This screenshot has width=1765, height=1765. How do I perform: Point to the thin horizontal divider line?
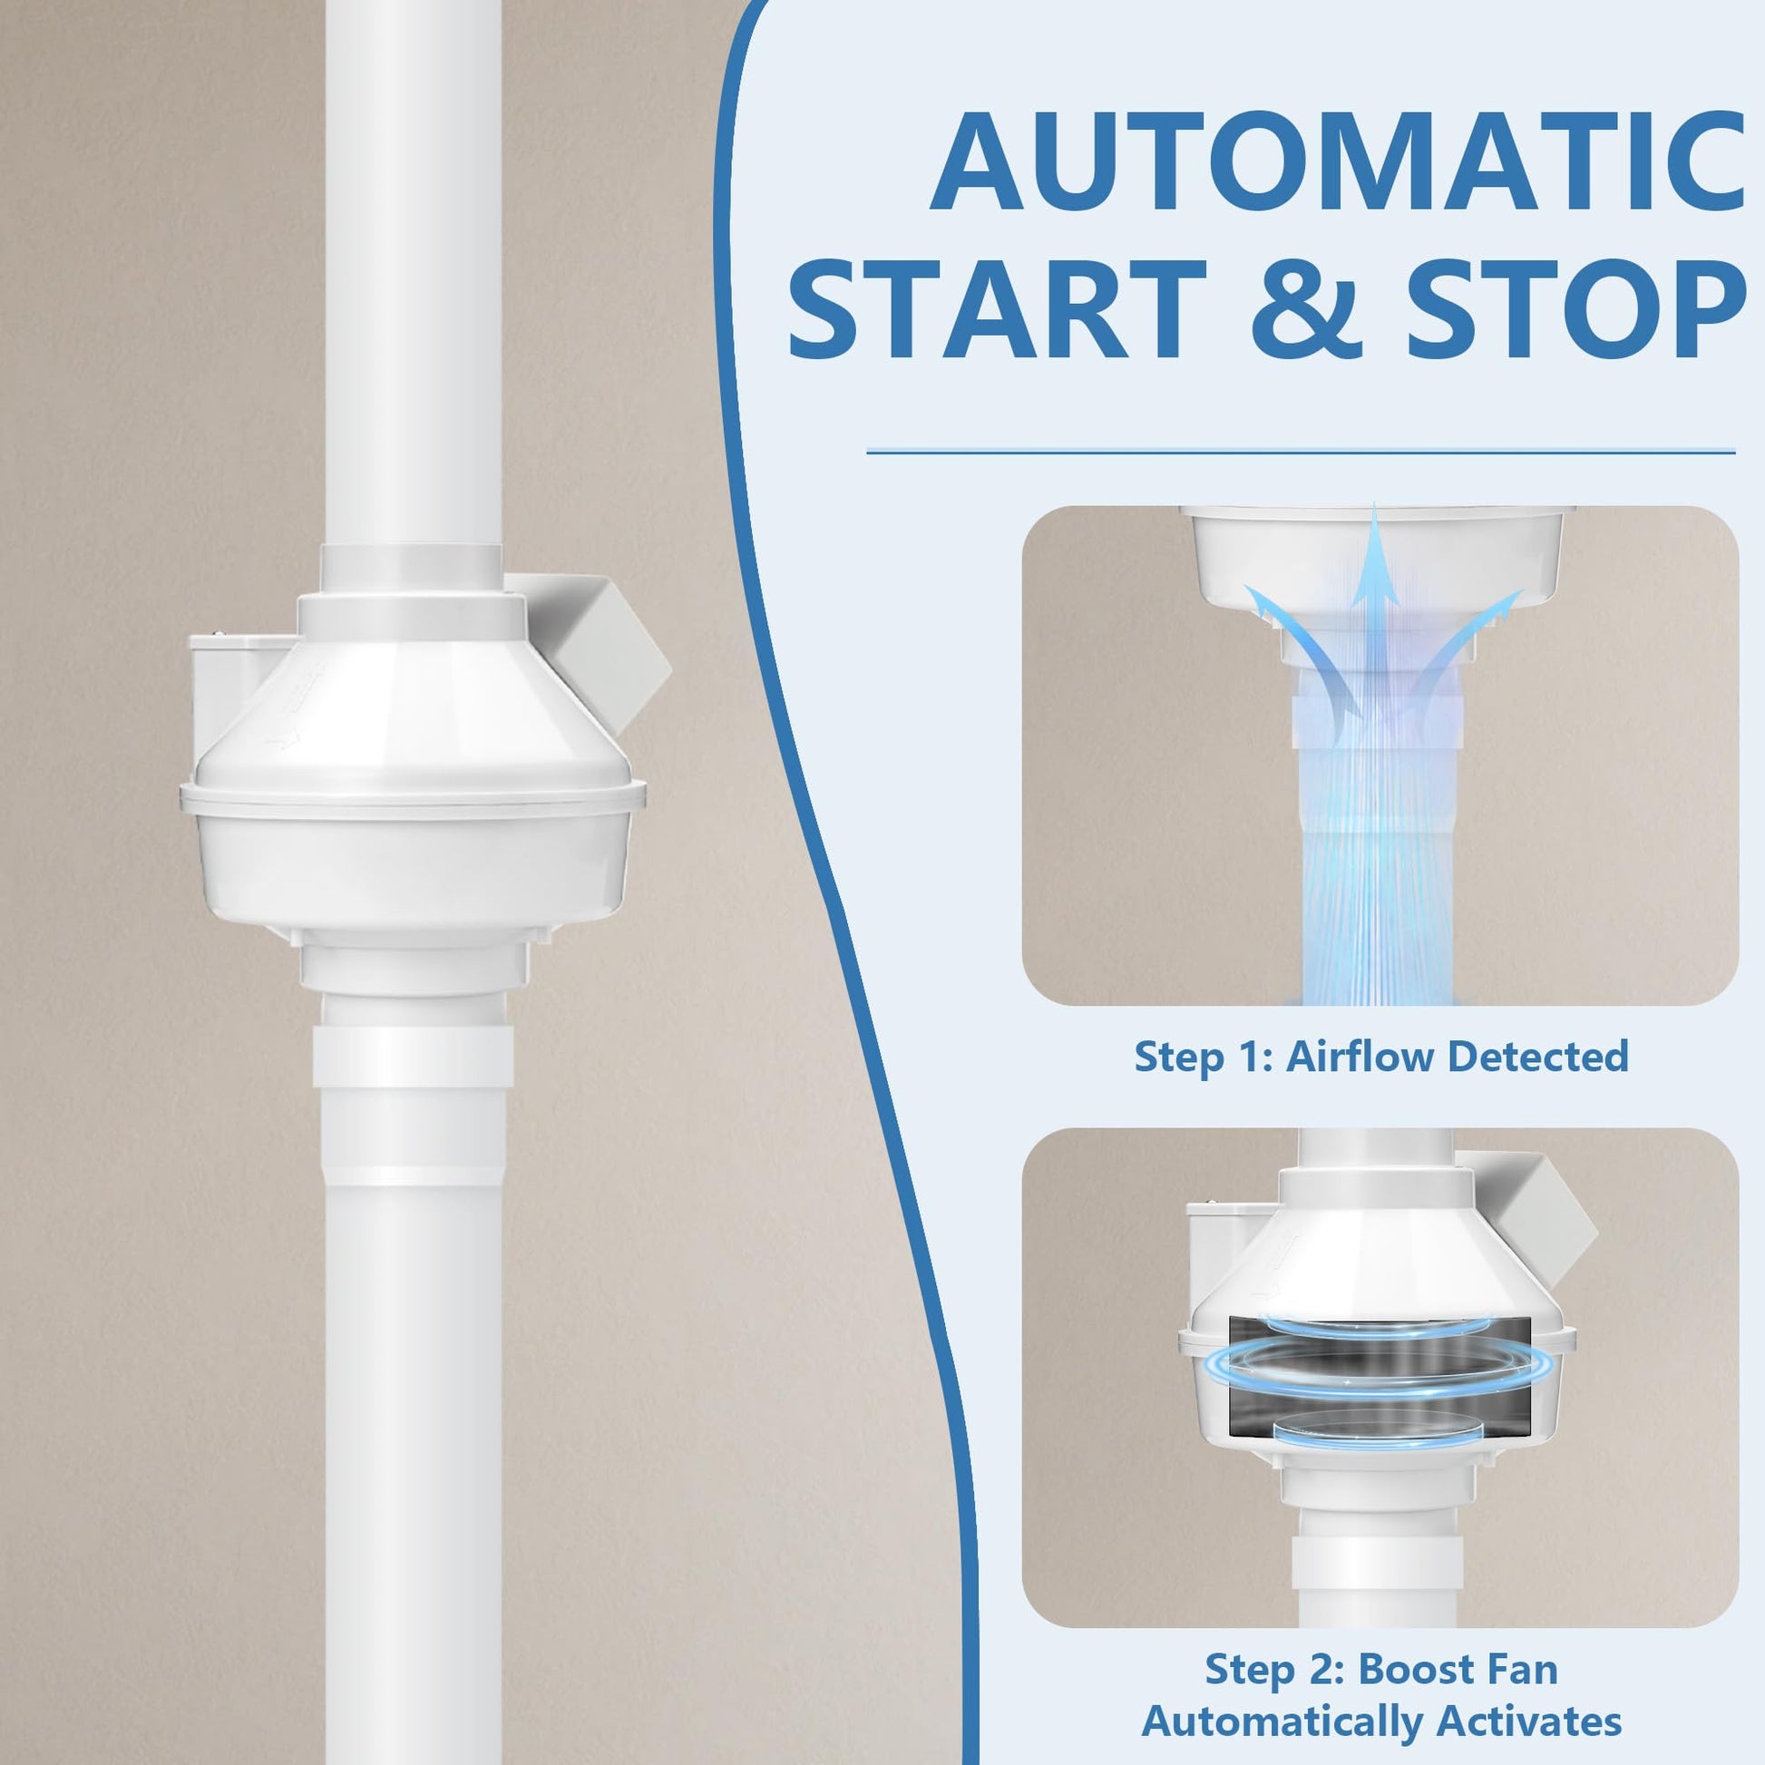(x=1300, y=452)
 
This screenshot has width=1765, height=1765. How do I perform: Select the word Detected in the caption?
(x=1539, y=1056)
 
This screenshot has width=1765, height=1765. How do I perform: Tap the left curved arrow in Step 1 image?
(x=1302, y=648)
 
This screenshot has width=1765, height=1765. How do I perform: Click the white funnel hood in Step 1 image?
(x=1376, y=557)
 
